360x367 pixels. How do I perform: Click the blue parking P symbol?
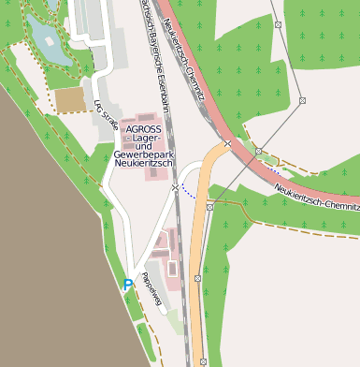click(128, 285)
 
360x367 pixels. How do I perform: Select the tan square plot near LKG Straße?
click(69, 99)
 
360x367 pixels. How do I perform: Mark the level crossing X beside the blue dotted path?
click(175, 187)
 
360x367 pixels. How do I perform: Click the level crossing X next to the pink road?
click(227, 144)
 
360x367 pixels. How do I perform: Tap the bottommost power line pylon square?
click(203, 360)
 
